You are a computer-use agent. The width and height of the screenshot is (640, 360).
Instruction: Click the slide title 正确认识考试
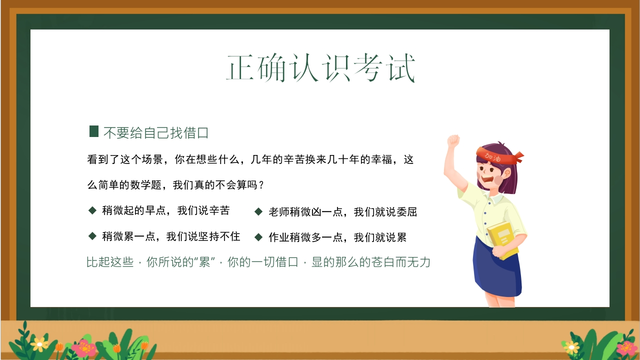point(320,68)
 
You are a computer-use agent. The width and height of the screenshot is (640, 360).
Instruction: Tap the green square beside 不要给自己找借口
point(94,131)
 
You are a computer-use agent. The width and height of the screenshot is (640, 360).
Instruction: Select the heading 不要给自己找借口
point(156,133)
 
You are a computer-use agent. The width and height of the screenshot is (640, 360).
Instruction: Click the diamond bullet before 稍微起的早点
point(92,210)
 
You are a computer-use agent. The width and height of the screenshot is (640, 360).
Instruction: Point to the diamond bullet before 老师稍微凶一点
point(258,211)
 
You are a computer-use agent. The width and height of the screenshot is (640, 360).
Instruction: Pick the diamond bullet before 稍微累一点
point(92,236)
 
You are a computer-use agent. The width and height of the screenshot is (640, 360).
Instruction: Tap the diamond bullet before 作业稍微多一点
point(258,237)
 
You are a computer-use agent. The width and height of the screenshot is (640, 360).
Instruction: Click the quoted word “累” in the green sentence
point(204,262)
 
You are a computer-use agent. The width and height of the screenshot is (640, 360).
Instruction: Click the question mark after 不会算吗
point(260,185)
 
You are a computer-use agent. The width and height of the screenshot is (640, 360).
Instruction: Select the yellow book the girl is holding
point(503,239)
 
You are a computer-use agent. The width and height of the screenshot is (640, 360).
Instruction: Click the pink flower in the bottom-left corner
point(84,347)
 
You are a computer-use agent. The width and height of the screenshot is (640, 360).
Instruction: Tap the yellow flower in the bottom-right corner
point(571,347)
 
